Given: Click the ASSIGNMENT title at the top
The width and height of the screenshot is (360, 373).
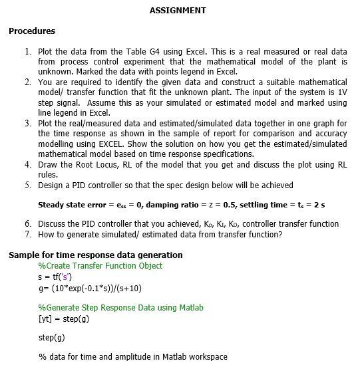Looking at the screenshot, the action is point(178,11).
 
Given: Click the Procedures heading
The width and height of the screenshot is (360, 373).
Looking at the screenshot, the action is point(32,31).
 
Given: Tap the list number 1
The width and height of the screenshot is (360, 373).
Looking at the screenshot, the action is point(28,51).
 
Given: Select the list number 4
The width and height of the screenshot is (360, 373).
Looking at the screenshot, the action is point(28,164).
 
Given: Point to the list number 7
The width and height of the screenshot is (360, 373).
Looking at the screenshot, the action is point(28,234).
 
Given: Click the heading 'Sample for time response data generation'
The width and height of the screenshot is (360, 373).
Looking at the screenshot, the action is point(95,255).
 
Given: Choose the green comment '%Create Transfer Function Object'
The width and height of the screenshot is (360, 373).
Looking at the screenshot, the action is point(100,266).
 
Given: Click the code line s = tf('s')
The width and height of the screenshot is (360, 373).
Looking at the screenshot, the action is point(57,277).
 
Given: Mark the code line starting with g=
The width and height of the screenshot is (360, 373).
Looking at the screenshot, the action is point(90,288).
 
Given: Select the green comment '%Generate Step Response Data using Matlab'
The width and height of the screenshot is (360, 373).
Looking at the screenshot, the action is point(121,308).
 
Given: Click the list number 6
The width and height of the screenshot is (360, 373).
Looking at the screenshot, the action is point(28,224).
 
